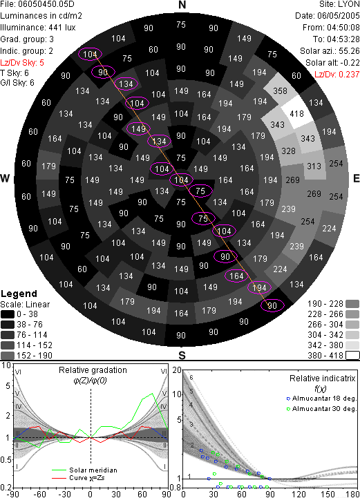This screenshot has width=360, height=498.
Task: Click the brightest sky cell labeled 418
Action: [296, 114]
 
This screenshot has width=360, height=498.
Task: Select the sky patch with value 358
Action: [280, 91]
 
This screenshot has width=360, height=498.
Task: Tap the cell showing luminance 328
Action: [289, 151]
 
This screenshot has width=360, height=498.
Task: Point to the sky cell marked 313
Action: [314, 166]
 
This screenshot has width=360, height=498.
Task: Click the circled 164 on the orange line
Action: [236, 276]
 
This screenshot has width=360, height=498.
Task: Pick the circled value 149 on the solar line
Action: [138, 128]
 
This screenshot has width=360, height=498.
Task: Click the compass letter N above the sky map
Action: [182, 5]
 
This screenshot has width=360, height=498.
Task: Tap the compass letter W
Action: [5, 178]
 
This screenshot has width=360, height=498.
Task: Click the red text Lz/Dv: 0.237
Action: [337, 75]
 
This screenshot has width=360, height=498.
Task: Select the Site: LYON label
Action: [339, 4]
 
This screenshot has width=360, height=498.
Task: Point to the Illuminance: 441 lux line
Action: [38, 28]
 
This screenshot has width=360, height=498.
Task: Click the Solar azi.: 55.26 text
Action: [330, 51]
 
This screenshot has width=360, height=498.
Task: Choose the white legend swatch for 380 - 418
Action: [352, 355]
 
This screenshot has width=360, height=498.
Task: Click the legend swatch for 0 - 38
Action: [8, 314]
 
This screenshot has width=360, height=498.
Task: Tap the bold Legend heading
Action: [19, 294]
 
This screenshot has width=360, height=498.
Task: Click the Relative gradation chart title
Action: [93, 370]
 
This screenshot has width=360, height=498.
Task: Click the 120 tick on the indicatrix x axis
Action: [299, 494]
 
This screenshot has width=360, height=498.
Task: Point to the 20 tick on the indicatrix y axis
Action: [177, 370]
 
